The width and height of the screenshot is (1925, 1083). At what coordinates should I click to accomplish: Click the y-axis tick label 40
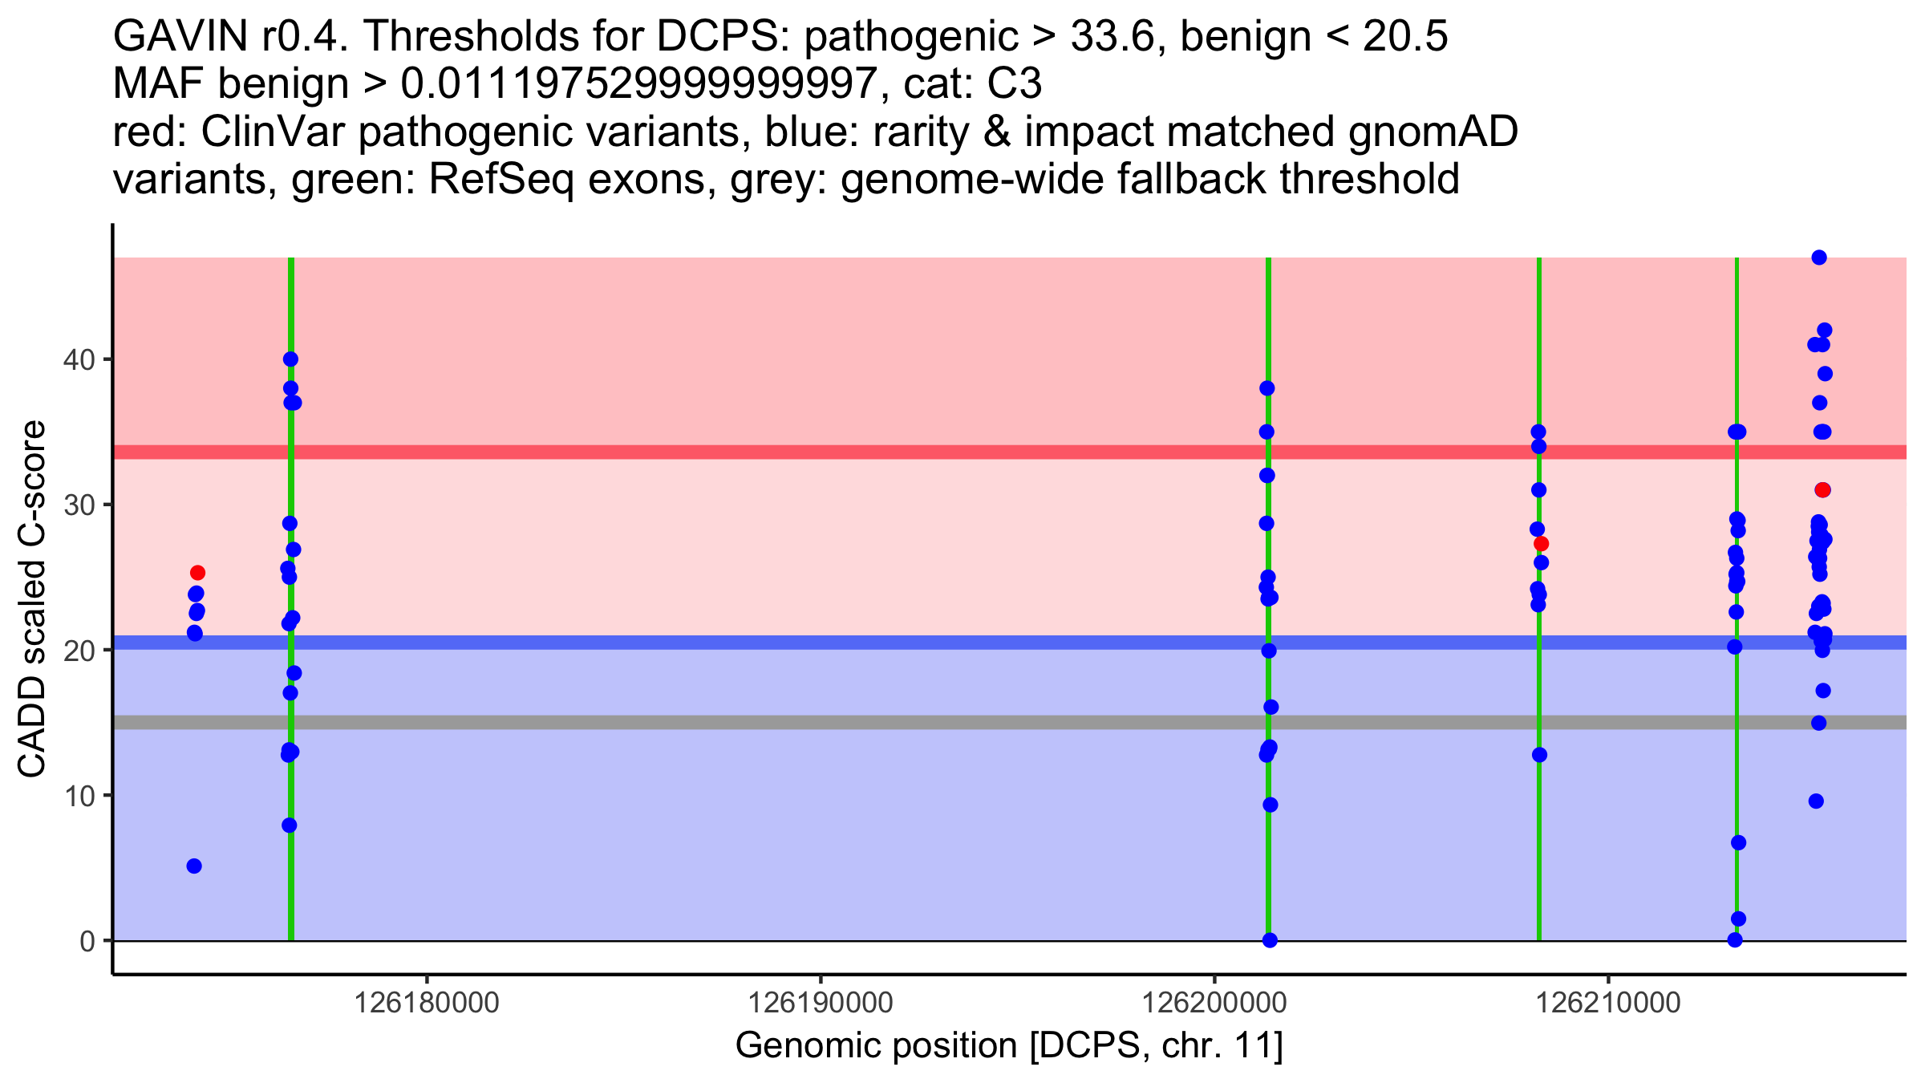point(78,359)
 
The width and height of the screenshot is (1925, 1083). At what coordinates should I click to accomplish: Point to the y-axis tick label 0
point(87,941)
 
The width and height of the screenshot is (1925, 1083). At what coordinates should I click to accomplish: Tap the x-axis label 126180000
point(426,1003)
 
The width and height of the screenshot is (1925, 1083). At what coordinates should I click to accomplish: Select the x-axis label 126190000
point(820,1003)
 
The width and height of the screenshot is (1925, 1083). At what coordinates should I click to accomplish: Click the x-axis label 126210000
point(1607,1003)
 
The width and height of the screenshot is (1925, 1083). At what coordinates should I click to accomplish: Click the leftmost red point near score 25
point(197,573)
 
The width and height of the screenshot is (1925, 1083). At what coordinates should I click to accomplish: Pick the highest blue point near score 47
point(1819,258)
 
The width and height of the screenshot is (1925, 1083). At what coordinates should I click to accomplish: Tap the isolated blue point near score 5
point(194,866)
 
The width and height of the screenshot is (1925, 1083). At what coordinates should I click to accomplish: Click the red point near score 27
point(1541,544)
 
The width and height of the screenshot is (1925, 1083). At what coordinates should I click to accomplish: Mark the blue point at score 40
point(290,359)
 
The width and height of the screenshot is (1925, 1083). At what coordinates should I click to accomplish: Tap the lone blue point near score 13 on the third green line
point(1539,755)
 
